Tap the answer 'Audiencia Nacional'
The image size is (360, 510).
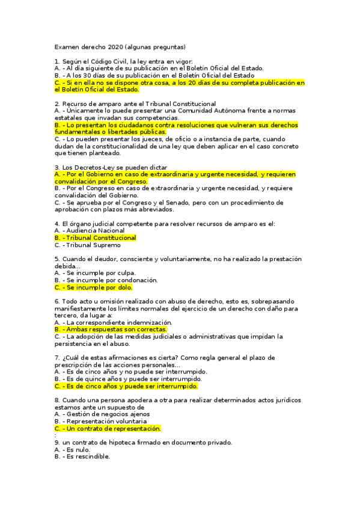tap(90, 230)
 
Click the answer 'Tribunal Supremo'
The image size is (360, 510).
tap(88, 245)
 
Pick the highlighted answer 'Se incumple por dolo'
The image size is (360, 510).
tap(93, 287)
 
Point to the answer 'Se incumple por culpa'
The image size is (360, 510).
tap(91, 272)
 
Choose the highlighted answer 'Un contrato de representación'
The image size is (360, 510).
tap(108, 428)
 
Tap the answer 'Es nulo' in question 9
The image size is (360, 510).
tap(72, 449)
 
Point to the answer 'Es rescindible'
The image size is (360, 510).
tap(82, 456)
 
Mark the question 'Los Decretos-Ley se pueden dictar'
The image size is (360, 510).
tap(111, 167)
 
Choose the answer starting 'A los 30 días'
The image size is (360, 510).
tap(154, 75)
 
